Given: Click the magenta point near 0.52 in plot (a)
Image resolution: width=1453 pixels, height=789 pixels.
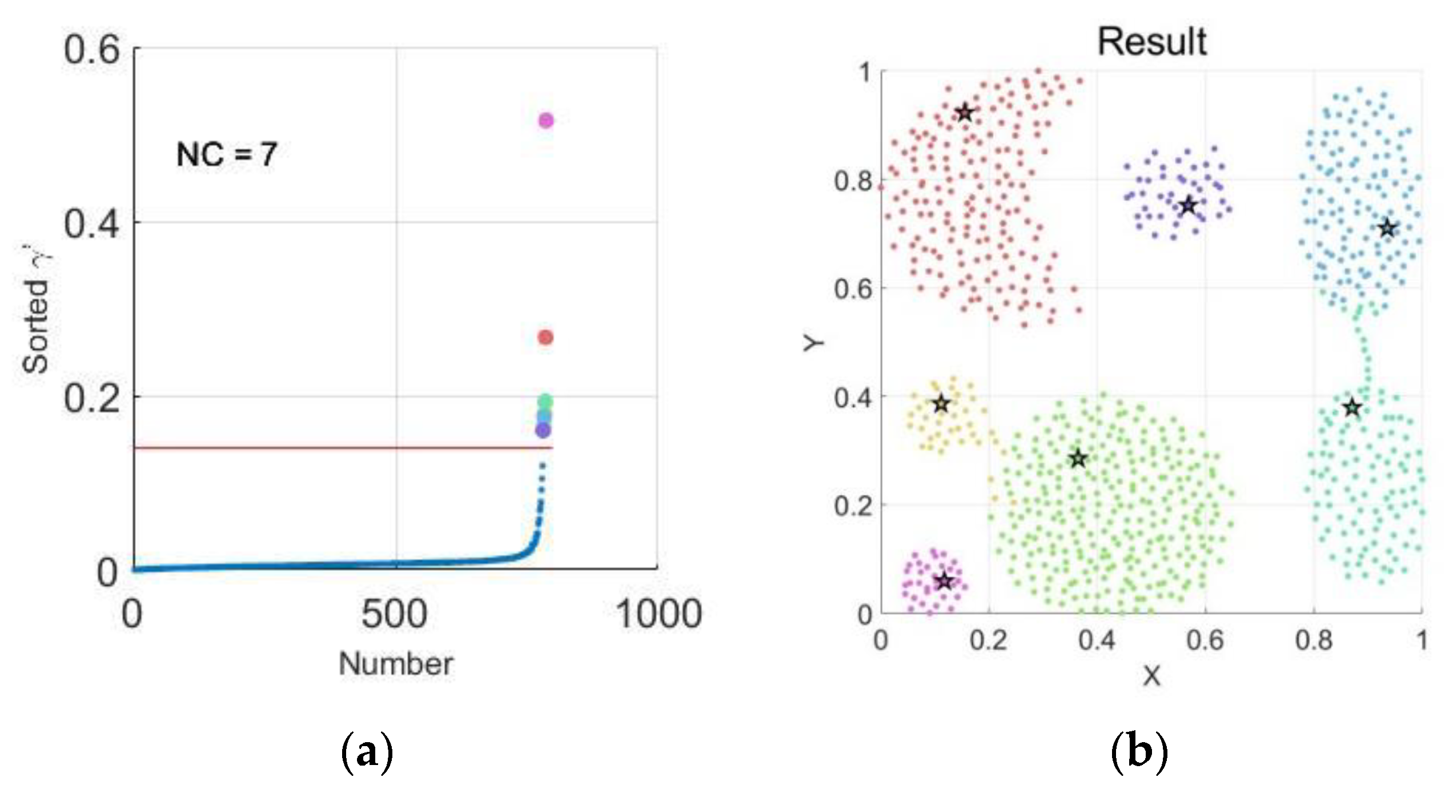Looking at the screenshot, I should pyautogui.click(x=546, y=120).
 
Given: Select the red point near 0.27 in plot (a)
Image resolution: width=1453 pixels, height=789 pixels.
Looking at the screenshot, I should pyautogui.click(x=545, y=337).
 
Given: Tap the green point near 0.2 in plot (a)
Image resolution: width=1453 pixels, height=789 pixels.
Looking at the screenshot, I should pyautogui.click(x=545, y=402).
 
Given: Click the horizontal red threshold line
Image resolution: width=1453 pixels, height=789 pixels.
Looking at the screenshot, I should pyautogui.click(x=343, y=447).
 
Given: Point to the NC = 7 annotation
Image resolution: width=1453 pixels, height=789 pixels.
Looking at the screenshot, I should pyautogui.click(x=227, y=154).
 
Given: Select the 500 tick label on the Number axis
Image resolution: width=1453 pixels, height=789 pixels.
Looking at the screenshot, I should pyautogui.click(x=394, y=614).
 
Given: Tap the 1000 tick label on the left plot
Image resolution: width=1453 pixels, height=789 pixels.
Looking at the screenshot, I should pyautogui.click(x=659, y=614).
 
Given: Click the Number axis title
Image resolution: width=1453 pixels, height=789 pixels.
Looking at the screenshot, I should pyautogui.click(x=396, y=664).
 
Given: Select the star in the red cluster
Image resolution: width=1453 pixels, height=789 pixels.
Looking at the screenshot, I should pyautogui.click(x=965, y=113).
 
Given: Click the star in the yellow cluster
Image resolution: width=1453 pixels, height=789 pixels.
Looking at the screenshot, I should pyautogui.click(x=941, y=404).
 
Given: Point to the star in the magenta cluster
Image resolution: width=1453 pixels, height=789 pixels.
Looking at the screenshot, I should pyautogui.click(x=945, y=582).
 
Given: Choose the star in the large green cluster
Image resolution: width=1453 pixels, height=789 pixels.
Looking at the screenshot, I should pyautogui.click(x=1078, y=458).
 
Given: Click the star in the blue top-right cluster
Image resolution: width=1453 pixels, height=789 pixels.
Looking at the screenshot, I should pyautogui.click(x=1387, y=229).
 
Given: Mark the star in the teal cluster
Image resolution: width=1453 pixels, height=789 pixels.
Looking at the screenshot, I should pyautogui.click(x=1352, y=408).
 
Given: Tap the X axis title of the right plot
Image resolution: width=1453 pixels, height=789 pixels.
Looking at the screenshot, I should pyautogui.click(x=1151, y=676).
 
